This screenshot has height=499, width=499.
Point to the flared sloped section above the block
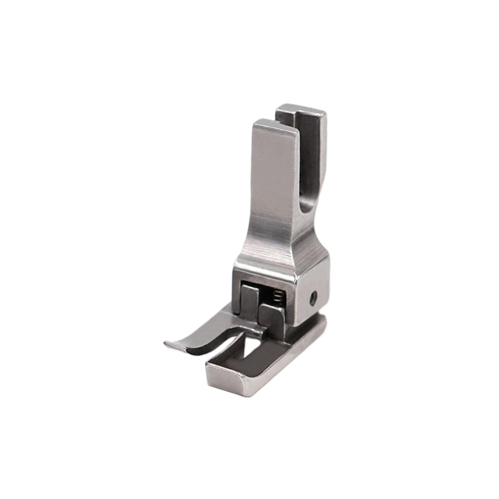tap(265, 249)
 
